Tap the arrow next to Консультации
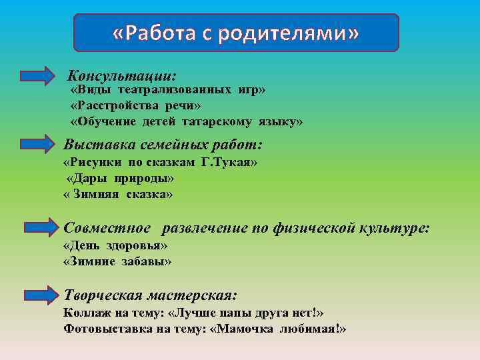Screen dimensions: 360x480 point(38,75)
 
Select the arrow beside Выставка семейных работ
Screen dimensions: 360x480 point(38,144)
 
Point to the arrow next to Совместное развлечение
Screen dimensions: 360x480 point(38,228)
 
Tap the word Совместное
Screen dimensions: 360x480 point(107,228)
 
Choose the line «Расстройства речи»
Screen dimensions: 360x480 point(135,105)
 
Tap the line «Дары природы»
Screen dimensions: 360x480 point(121,179)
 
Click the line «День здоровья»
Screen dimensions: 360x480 point(115,245)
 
